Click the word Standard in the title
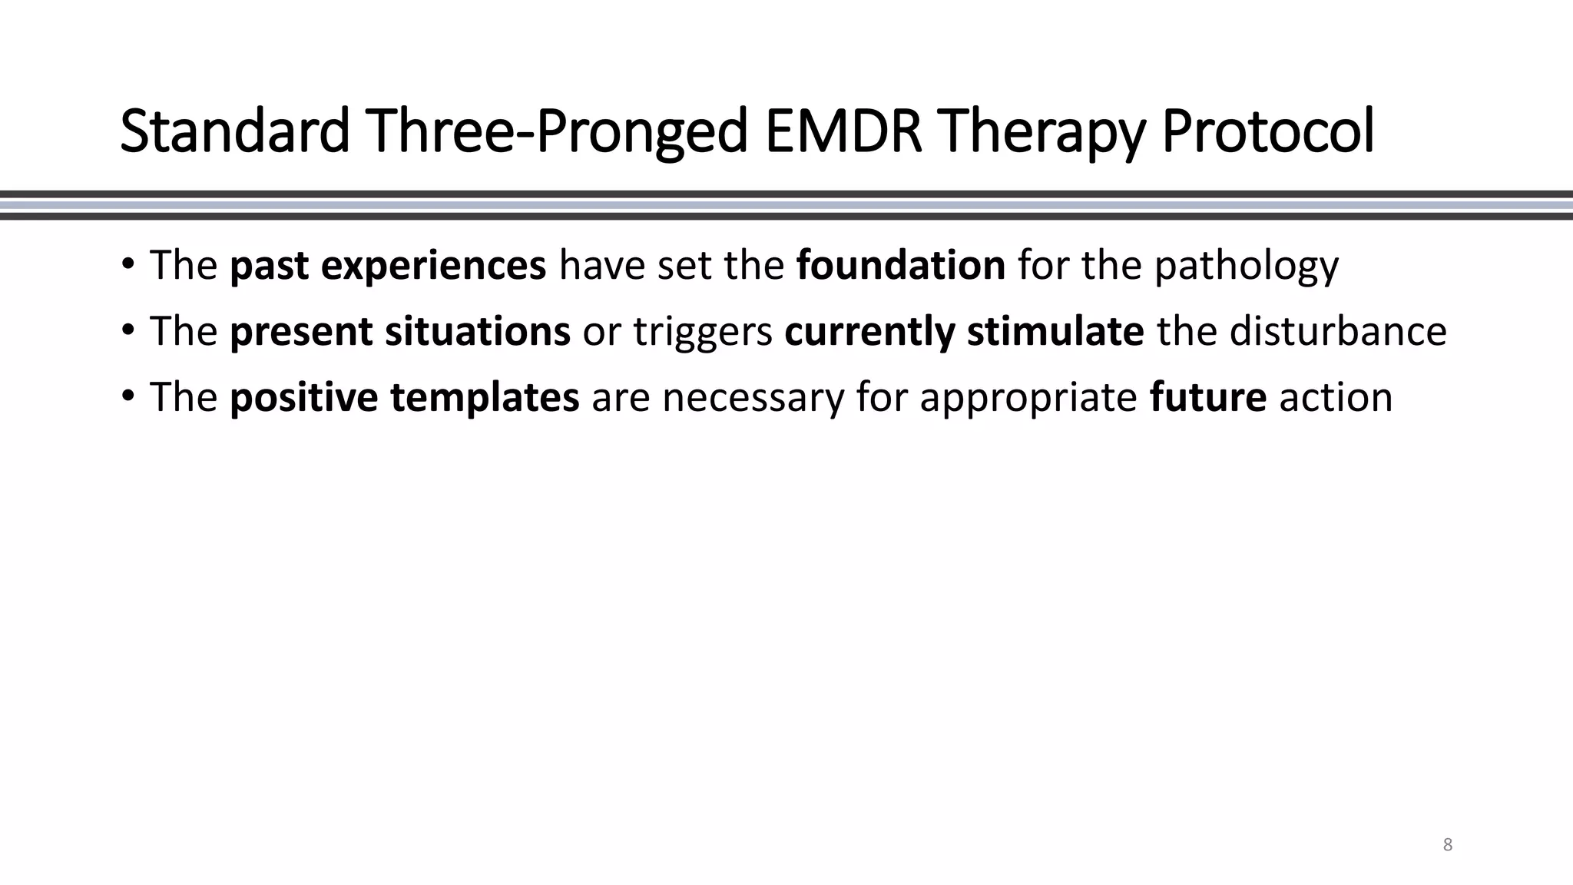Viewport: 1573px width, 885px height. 235,131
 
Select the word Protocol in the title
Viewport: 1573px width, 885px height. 1267,131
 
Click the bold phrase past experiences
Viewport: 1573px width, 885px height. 388,266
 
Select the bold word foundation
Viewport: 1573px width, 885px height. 900,265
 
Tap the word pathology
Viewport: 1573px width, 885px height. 1246,266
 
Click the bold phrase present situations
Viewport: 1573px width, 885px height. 399,331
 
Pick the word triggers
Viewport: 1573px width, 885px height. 702,333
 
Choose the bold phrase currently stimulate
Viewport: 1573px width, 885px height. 964,332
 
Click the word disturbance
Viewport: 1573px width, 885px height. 1337,331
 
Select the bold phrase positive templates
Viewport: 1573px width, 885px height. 404,397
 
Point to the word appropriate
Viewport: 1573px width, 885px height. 1028,399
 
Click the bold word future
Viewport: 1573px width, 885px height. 1207,397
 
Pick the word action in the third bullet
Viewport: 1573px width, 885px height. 1335,397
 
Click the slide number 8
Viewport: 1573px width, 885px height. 1447,845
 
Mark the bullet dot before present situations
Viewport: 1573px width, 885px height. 127,331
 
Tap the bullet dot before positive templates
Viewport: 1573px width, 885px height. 127,397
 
